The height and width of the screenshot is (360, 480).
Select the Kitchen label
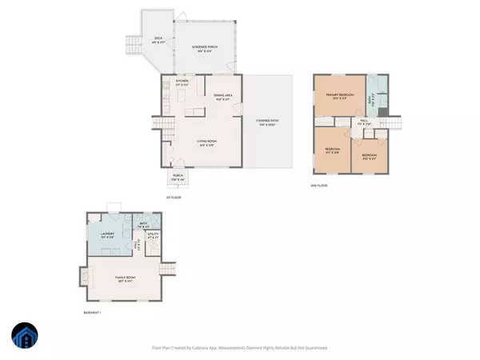pos(182,82)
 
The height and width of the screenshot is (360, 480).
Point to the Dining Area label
pos(223,97)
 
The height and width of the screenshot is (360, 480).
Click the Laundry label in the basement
pos(106,236)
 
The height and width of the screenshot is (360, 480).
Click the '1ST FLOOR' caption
pos(174,197)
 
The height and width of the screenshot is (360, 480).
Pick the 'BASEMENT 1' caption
pos(94,312)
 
